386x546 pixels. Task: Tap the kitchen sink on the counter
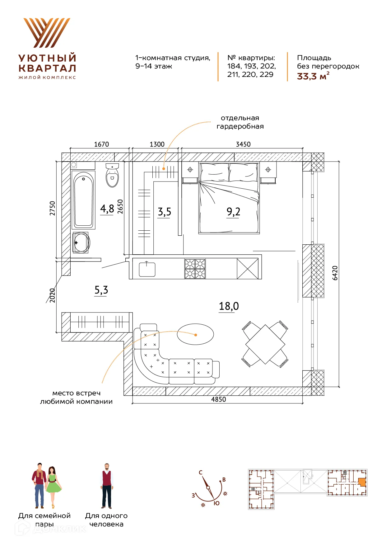[147, 269]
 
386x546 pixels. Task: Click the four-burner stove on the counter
[195, 269]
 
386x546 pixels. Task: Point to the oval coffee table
[195, 334]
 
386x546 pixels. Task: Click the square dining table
[265, 344]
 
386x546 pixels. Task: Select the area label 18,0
[229, 306]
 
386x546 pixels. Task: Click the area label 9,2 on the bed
[233, 212]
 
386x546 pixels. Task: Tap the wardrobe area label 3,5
[164, 212]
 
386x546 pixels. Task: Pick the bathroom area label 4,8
[107, 209]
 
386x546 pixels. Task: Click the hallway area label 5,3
[101, 290]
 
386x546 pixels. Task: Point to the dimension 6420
[335, 273]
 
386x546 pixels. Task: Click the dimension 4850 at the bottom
[219, 399]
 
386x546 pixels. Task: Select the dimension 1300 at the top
[157, 144]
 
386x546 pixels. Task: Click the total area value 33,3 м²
[313, 76]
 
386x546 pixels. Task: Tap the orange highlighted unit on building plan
[362, 482]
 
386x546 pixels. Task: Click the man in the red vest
[106, 486]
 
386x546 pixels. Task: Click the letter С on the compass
[201, 473]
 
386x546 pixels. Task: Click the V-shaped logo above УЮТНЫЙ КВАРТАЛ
[47, 33]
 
